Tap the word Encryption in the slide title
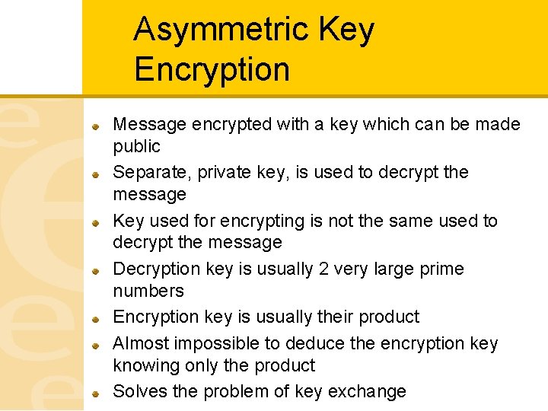click(x=212, y=69)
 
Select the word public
click(x=137, y=146)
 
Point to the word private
click(x=223, y=173)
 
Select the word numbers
click(x=148, y=291)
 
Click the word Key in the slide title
click(x=347, y=30)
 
